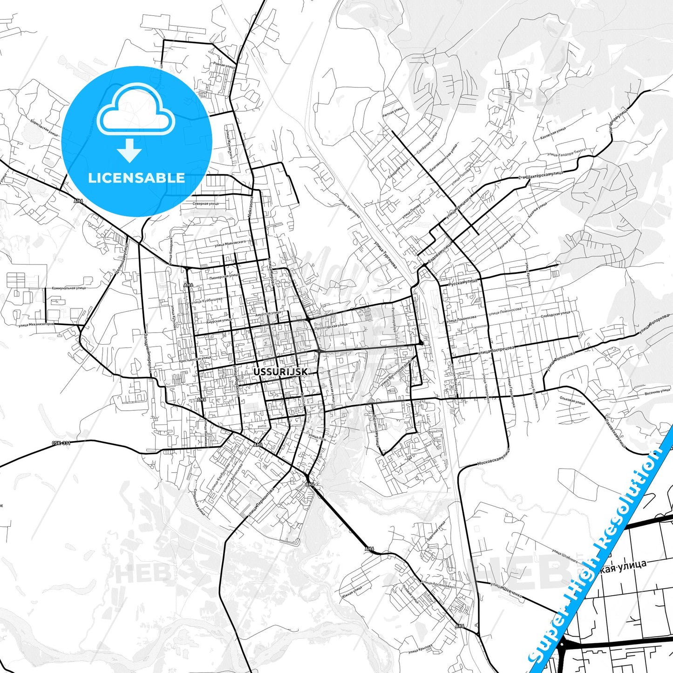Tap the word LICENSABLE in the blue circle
[x=136, y=178]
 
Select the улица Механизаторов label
[x=36, y=324]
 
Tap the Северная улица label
[x=205, y=204]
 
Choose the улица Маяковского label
[x=230, y=243]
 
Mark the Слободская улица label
[x=555, y=315]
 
